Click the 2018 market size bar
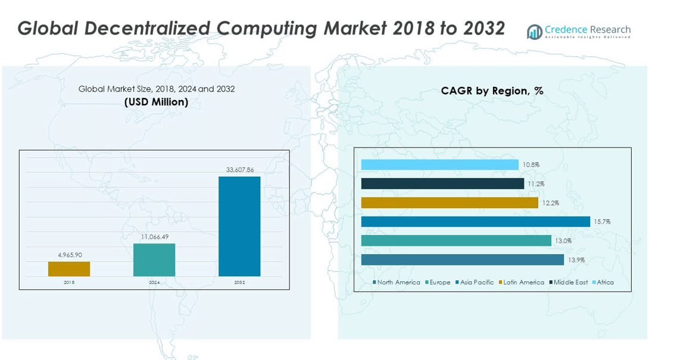pyautogui.click(x=69, y=269)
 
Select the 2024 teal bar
pyautogui.click(x=154, y=259)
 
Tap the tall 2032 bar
pyautogui.click(x=239, y=226)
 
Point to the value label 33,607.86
pyautogui.click(x=239, y=170)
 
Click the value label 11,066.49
pyautogui.click(x=154, y=237)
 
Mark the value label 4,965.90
pyautogui.click(x=69, y=255)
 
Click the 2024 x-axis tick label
pyautogui.click(x=154, y=283)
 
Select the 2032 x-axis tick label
pyautogui.click(x=239, y=283)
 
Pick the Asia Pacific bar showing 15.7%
pyautogui.click(x=475, y=222)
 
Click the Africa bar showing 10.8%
pyautogui.click(x=439, y=165)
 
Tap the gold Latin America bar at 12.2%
pyautogui.click(x=450, y=203)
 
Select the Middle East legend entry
pyautogui.click(x=570, y=282)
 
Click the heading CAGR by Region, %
pyautogui.click(x=492, y=91)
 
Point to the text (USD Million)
pyautogui.click(x=156, y=102)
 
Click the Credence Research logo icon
pyautogui.click(x=534, y=32)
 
